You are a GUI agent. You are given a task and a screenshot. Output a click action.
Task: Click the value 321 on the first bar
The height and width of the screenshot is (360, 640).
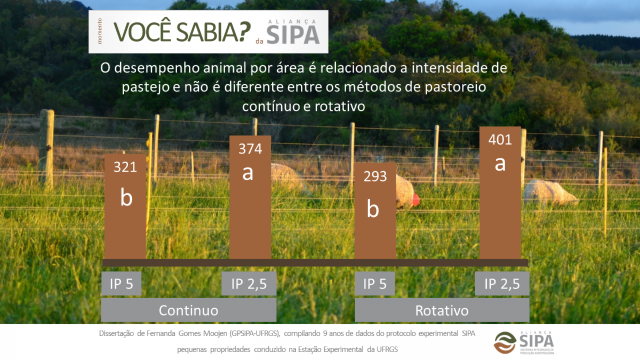tap(125, 167)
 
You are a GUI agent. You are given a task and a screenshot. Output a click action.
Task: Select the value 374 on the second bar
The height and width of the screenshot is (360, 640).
tap(250, 149)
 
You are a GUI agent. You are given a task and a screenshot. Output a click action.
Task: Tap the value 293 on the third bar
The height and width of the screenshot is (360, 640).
tap(375, 177)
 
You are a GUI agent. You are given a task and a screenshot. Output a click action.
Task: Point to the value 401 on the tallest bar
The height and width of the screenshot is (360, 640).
tap(500, 140)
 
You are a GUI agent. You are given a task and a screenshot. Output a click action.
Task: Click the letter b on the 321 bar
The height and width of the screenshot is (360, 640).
tap(126, 197)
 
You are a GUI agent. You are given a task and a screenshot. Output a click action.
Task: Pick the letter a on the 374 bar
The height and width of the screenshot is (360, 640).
tap(247, 173)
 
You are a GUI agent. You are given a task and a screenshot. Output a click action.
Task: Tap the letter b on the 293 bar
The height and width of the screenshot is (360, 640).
tap(373, 209)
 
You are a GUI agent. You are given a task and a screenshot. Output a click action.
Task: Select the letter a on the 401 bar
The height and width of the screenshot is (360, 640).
tap(500, 164)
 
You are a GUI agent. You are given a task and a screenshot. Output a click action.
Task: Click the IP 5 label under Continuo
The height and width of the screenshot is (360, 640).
tap(121, 283)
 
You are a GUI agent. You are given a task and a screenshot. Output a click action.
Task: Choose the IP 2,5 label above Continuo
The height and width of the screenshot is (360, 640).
tap(249, 283)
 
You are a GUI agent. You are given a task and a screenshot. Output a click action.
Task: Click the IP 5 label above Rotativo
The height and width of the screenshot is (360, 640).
tap(375, 283)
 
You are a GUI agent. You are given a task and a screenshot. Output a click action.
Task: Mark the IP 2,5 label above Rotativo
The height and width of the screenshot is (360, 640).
tap(502, 283)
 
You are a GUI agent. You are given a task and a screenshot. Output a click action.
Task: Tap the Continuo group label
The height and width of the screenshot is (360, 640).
tap(189, 310)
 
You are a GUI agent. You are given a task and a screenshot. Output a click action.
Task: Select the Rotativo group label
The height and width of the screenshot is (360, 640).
tap(442, 310)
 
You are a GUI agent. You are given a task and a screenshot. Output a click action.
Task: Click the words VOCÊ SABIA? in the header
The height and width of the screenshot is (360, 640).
tap(182, 31)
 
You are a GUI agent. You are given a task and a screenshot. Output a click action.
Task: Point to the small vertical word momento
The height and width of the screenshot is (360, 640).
tap(99, 31)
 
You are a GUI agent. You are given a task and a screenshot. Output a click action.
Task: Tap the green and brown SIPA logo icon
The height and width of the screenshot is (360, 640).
tap(505, 342)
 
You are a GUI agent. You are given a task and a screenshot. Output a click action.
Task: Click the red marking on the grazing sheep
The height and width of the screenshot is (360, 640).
tap(416, 198)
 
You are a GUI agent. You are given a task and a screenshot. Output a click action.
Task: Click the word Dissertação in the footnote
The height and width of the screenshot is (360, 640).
tap(116, 333)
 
